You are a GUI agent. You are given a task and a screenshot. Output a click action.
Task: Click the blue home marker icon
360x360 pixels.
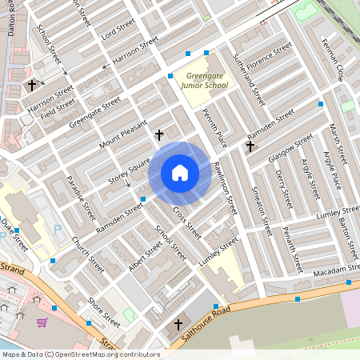180,173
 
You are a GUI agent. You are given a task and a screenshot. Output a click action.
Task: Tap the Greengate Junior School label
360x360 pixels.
202,80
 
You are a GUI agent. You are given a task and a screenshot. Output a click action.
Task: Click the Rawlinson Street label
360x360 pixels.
225,188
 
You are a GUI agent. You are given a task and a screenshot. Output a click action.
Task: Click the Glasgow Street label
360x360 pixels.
291,148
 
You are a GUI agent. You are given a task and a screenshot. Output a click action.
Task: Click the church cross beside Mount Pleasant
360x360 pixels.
158,135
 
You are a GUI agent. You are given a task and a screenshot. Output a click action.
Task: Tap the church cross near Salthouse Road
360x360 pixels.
178,324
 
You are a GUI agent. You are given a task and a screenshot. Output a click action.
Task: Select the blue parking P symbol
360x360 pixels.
57,230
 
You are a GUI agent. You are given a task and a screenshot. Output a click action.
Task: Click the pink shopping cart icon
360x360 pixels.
41,322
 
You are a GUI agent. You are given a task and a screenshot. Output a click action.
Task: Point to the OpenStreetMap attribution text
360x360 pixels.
80,354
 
